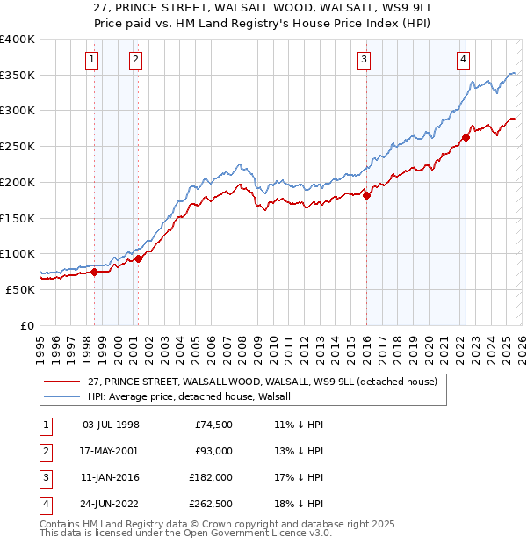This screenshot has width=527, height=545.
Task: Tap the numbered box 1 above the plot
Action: (93, 60)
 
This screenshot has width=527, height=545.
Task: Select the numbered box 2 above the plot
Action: (136, 60)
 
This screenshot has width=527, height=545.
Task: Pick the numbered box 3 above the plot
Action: (364, 60)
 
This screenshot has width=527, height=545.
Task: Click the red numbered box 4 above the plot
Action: (463, 60)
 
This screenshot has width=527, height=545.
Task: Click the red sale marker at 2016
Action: (366, 195)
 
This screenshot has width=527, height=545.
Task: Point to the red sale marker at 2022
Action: (466, 137)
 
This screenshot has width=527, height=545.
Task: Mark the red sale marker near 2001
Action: (138, 258)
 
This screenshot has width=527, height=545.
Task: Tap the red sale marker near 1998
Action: (94, 272)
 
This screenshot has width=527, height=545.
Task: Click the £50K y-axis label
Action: (20, 289)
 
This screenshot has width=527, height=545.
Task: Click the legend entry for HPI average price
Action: (195, 396)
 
